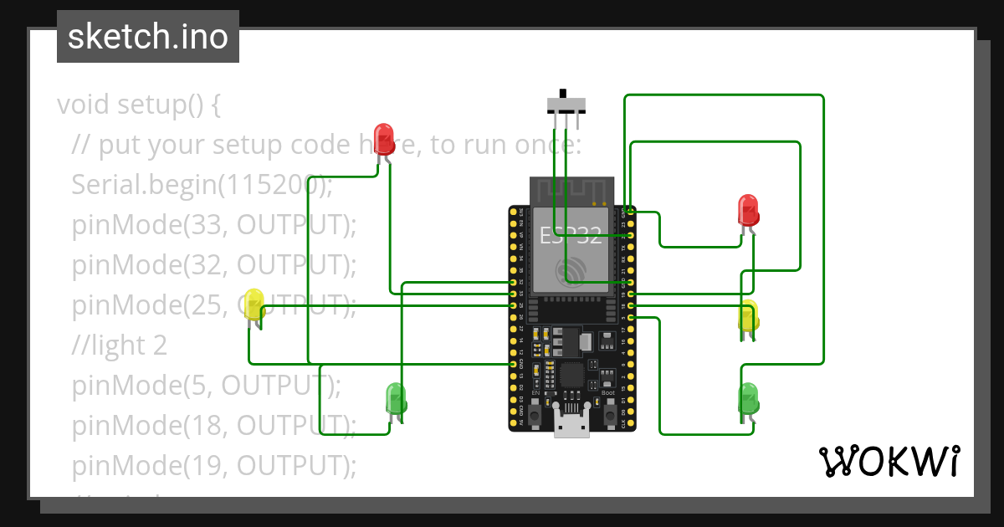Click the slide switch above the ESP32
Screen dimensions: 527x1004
(x=566, y=105)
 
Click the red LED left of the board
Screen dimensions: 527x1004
(x=384, y=138)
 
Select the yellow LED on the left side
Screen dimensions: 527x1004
(x=254, y=304)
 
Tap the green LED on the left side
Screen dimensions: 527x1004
(x=396, y=398)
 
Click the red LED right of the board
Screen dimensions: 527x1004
(x=748, y=209)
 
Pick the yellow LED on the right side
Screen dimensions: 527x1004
(x=748, y=316)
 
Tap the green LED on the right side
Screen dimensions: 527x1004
(x=748, y=398)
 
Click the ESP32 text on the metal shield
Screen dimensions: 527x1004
(x=571, y=236)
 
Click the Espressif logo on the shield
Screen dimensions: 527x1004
(x=572, y=270)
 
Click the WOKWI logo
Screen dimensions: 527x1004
(x=888, y=461)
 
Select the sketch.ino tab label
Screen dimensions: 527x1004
(x=147, y=37)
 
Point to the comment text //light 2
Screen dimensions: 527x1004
(x=119, y=345)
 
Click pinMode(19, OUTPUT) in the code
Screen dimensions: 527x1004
(x=213, y=465)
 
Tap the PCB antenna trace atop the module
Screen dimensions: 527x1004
(x=572, y=192)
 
